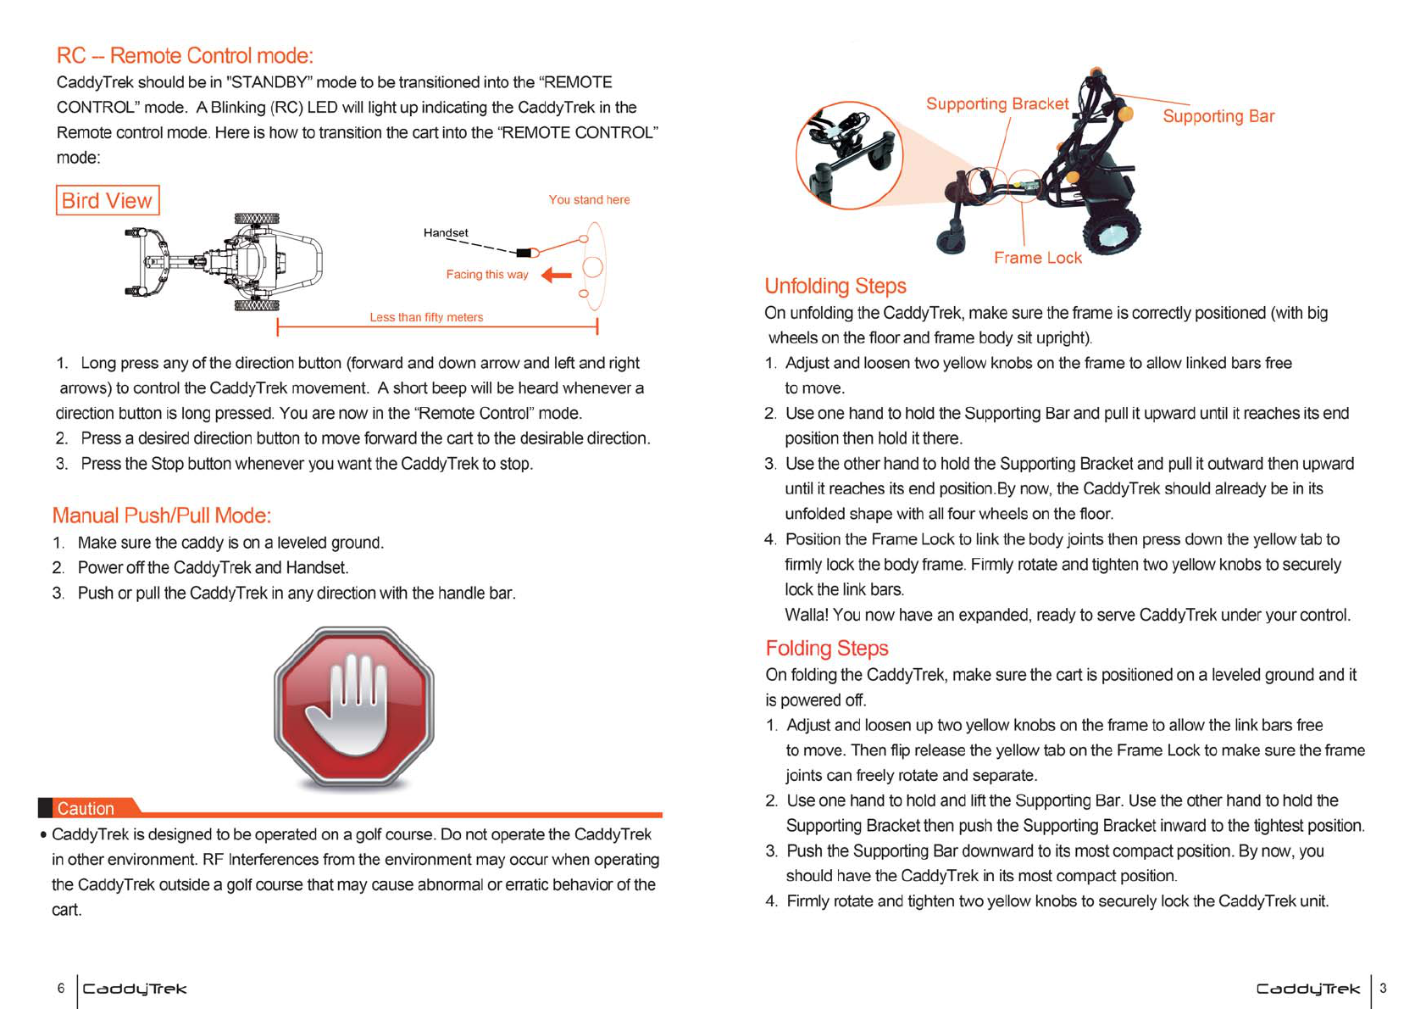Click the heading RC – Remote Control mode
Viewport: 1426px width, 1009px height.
[185, 56]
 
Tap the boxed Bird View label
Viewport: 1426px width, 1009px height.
[107, 201]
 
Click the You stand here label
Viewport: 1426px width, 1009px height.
[589, 200]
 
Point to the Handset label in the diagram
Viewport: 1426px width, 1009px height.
[446, 233]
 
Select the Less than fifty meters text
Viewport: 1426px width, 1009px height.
[426, 317]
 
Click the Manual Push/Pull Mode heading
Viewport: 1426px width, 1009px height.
[162, 516]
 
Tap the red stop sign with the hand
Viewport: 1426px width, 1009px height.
[354, 707]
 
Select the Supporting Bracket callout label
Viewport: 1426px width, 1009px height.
[996, 103]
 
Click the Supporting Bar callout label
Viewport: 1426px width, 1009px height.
[1218, 116]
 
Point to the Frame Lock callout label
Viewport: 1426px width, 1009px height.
[1037, 258]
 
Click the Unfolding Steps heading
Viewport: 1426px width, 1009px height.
[835, 286]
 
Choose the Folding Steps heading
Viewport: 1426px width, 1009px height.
[826, 648]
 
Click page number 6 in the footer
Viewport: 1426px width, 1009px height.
[61, 988]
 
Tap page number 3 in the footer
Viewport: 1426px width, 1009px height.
[1383, 988]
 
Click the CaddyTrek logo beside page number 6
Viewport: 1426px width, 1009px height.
[135, 989]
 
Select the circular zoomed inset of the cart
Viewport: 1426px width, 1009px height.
[849, 155]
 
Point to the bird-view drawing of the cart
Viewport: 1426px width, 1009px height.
[225, 262]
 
